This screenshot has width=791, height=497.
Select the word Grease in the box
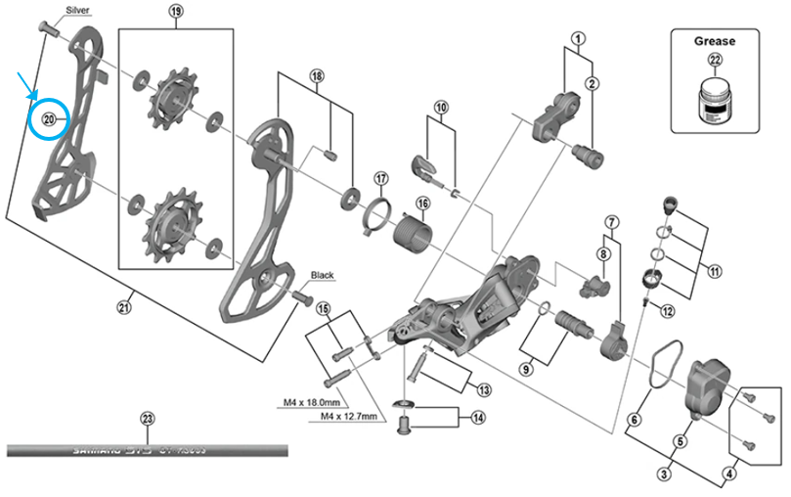714,41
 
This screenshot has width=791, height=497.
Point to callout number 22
714,63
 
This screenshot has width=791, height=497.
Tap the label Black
323,276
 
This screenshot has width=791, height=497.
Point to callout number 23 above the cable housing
148,420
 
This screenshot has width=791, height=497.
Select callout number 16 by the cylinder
422,203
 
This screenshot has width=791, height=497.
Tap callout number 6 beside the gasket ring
634,420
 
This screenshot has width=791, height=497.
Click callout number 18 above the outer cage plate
316,76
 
